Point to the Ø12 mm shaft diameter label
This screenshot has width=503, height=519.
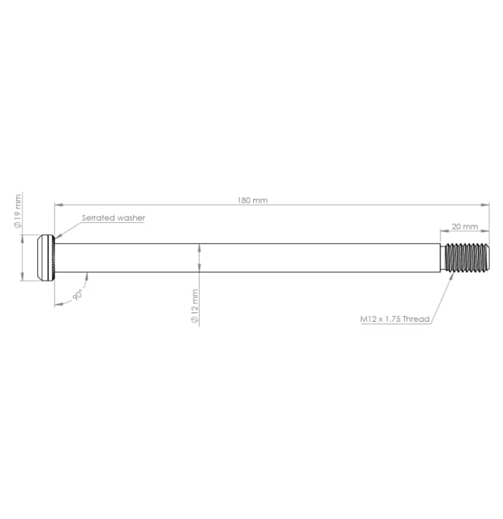195,306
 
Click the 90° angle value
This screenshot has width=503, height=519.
79,296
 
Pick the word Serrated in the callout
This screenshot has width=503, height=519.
98,218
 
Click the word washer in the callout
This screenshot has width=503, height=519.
131,218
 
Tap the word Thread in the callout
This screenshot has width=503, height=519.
415,320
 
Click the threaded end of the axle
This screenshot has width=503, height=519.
470,257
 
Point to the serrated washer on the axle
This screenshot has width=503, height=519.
53,257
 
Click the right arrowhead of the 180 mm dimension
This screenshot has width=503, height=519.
487,205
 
